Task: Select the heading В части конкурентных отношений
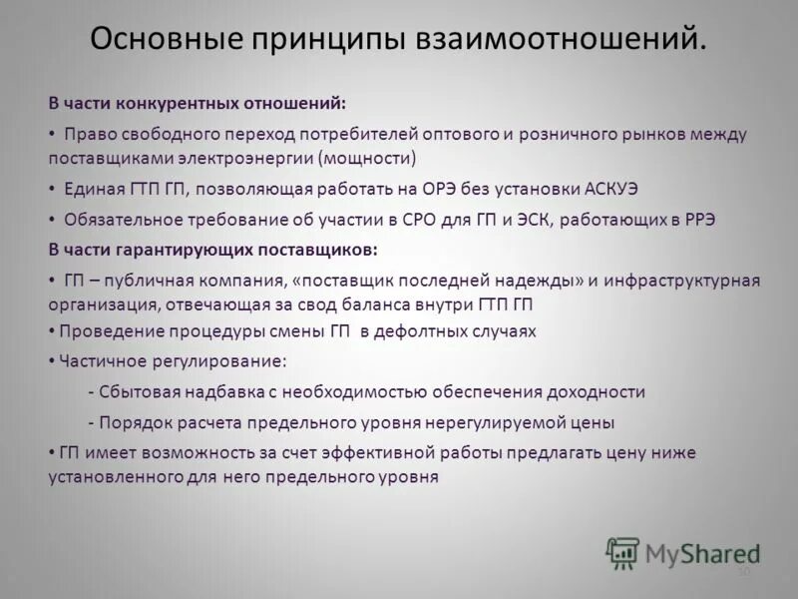[x=198, y=103]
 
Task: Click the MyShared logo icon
[x=623, y=552]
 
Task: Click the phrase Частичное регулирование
[x=173, y=361]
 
